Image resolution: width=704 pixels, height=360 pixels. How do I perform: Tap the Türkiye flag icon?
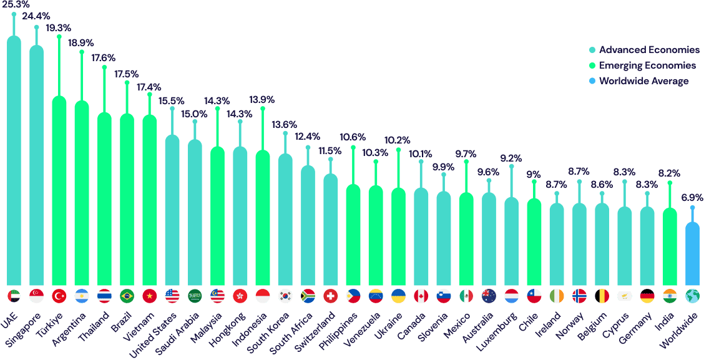click(59, 296)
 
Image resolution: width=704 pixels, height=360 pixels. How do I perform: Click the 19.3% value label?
click(59, 27)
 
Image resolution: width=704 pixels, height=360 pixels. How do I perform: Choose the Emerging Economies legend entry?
click(642, 66)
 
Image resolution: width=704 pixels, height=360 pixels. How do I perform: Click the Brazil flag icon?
click(127, 296)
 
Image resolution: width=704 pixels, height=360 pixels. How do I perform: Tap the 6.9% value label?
click(692, 197)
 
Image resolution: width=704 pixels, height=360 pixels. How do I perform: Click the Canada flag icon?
click(421, 296)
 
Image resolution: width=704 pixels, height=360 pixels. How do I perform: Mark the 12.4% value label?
click(307, 136)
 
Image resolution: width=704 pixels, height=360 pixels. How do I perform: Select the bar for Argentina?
click(82, 193)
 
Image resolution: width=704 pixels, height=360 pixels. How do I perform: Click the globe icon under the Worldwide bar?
click(692, 296)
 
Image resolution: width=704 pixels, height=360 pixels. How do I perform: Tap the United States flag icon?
click(172, 296)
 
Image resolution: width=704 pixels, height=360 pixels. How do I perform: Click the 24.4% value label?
click(36, 16)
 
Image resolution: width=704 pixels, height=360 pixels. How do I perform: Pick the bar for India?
click(670, 247)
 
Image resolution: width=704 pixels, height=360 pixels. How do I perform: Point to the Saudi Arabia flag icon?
click(195, 296)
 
